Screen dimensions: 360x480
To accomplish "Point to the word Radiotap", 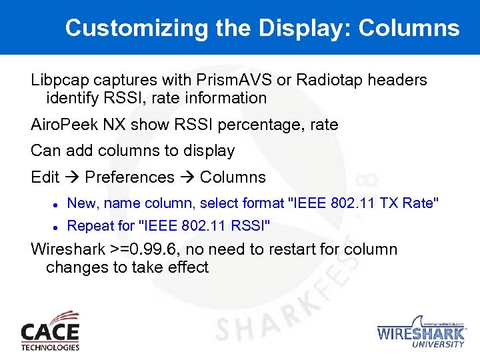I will pos(331,80).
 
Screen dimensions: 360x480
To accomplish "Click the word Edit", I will pos(45,177).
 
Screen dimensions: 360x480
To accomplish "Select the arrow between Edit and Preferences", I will pos(72,177).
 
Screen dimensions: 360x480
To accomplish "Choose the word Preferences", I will pos(130,177).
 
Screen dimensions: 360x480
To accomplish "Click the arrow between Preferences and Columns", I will pos(187,177).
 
